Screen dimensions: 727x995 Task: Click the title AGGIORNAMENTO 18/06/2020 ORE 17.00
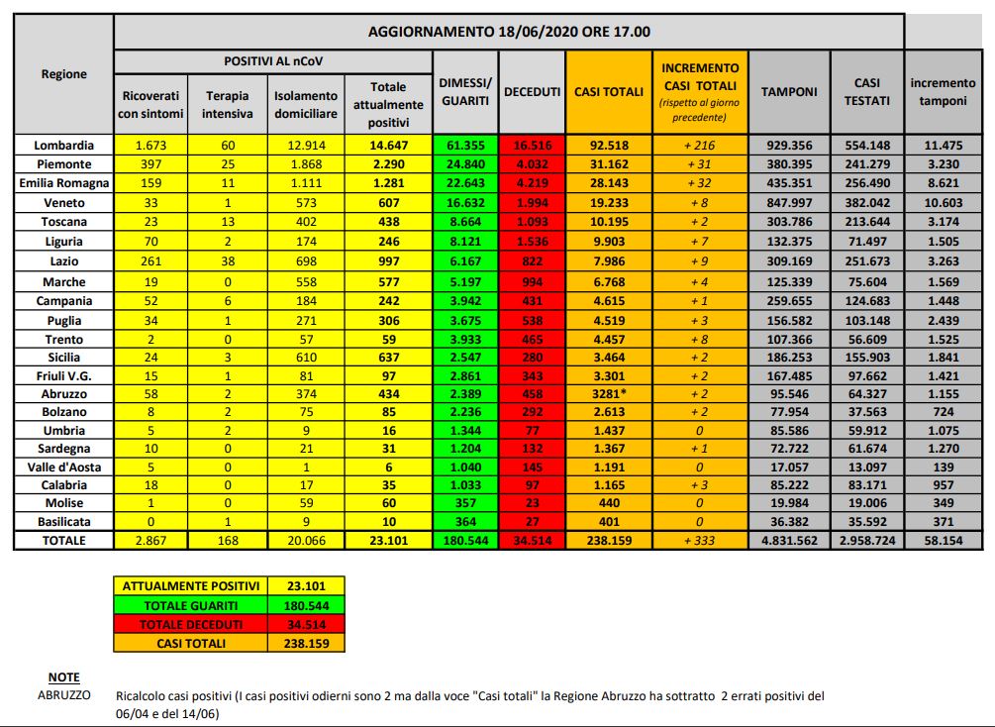[x=509, y=31]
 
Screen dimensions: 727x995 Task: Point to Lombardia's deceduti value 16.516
[x=533, y=145]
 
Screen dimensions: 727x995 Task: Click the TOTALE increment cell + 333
[x=699, y=541]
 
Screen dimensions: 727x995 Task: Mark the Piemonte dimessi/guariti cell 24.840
[x=465, y=163]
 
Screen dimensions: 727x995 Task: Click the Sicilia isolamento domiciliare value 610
[x=306, y=357]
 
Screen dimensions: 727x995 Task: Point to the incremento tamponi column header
[x=943, y=92]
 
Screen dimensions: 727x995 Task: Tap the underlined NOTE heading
[x=64, y=677]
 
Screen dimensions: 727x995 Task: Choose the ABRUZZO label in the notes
[x=62, y=695]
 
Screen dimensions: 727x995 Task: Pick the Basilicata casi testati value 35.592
[x=866, y=522]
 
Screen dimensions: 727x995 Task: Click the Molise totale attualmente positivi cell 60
[x=388, y=503]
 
